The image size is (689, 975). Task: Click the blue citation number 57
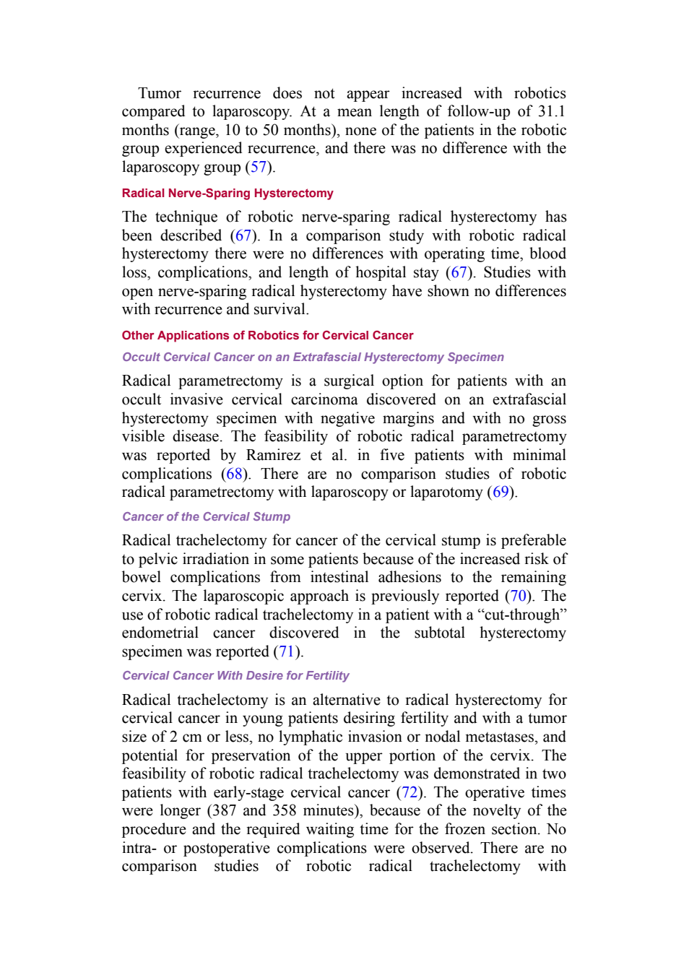click(259, 167)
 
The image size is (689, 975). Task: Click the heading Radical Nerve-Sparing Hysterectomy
click(227, 194)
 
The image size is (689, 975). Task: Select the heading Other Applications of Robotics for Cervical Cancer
click(267, 336)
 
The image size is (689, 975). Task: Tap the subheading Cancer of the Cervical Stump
click(206, 516)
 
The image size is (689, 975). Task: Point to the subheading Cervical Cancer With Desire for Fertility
click(235, 675)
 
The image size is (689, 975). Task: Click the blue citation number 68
click(234, 474)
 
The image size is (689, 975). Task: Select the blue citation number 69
click(500, 493)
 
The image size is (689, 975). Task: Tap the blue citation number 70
click(518, 596)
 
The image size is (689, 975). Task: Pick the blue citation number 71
click(287, 651)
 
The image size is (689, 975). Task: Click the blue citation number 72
click(409, 792)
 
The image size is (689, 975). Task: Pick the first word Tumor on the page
click(160, 93)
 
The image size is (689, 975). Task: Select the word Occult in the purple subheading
click(141, 357)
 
